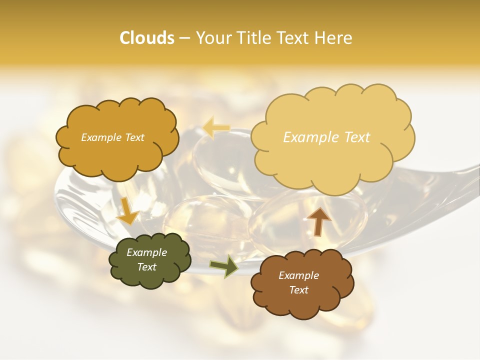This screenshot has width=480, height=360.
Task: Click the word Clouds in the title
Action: [x=147, y=38]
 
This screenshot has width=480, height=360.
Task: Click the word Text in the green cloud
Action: [x=146, y=267]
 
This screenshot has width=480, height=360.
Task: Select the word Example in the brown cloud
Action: [x=298, y=275]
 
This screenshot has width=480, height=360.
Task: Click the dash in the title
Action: [x=184, y=38]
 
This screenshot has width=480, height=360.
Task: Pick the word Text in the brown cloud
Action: [x=298, y=290]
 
